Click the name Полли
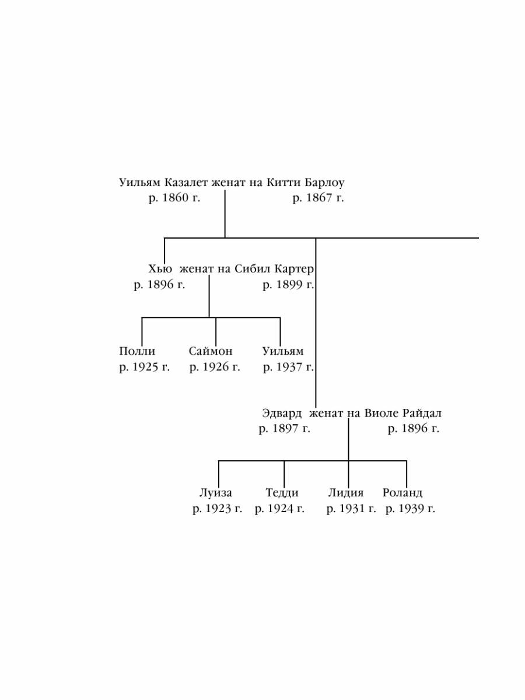click(x=137, y=351)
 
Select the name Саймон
click(x=211, y=351)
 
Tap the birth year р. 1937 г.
click(x=288, y=367)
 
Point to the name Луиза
click(x=216, y=493)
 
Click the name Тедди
click(x=282, y=493)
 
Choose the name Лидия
click(x=345, y=493)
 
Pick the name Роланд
click(x=402, y=493)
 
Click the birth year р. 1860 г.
click(x=174, y=198)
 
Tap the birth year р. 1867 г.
click(x=318, y=198)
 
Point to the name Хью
click(x=160, y=269)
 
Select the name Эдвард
click(x=282, y=414)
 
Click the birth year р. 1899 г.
click(x=288, y=285)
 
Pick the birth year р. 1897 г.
click(x=285, y=429)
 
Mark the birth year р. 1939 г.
click(x=410, y=509)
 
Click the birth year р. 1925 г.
click(x=144, y=367)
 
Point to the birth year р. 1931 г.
click(x=351, y=509)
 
